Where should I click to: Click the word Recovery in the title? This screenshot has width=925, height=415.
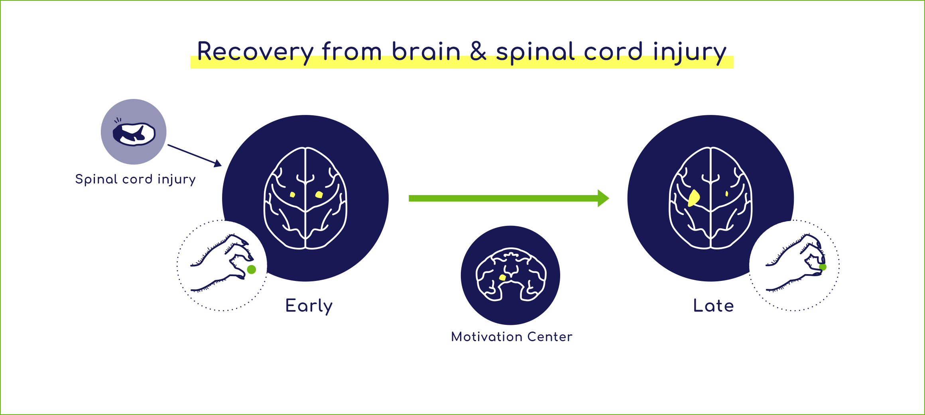point(255,52)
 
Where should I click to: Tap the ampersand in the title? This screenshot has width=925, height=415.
point(478,51)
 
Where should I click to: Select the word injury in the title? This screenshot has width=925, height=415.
point(689,52)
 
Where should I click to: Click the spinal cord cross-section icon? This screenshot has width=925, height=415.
point(134,133)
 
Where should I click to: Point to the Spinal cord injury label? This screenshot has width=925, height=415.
point(136,180)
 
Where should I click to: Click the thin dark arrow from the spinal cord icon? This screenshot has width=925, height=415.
point(194,155)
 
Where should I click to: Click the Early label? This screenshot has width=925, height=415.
point(309,306)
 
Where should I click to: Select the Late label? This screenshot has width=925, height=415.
point(713,306)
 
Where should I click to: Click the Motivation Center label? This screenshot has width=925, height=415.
point(512,337)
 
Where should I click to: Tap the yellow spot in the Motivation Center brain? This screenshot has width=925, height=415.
point(503,277)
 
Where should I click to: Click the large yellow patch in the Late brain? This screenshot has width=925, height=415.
point(694,198)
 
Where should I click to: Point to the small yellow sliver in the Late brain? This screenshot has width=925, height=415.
point(727,194)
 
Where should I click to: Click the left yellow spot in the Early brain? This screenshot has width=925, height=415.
point(293,195)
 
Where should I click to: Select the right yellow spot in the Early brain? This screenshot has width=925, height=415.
point(319,195)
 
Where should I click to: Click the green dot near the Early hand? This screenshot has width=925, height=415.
point(252,270)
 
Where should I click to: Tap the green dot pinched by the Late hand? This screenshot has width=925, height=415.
point(823,267)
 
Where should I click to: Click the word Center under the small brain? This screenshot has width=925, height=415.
point(550,337)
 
